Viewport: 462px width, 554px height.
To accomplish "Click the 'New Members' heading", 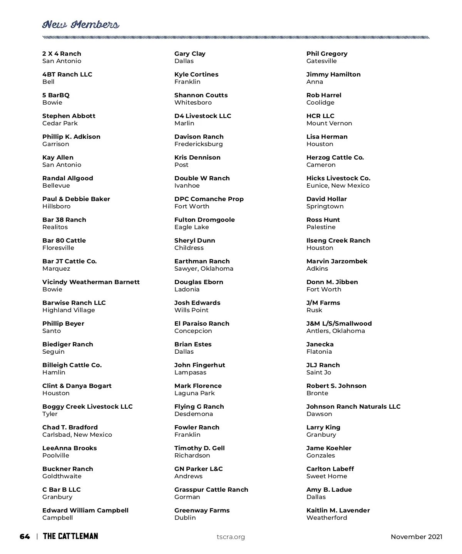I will (80, 25).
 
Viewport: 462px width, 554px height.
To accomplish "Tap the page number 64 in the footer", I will (25, 536).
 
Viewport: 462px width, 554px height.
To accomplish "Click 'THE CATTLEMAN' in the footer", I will (70, 536).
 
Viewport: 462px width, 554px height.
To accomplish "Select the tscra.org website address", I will (231, 537).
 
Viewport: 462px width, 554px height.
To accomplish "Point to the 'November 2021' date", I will (416, 537).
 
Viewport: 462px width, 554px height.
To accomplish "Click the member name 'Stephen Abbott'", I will (69, 116).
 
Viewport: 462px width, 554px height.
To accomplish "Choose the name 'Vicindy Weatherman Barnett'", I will (91, 282).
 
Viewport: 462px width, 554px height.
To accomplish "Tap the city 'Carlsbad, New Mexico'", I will (77, 434).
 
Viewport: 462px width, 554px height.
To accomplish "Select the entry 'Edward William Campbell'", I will (85, 510).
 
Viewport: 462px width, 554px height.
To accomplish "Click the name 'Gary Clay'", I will (190, 53).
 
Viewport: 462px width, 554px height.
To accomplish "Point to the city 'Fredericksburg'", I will (198, 144).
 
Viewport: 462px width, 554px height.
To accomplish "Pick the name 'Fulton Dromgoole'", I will (204, 220).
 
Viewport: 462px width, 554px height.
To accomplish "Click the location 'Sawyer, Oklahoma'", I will (204, 268).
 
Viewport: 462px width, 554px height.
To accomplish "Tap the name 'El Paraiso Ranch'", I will (202, 323).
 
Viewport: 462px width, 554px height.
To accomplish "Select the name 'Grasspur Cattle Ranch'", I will (211, 489).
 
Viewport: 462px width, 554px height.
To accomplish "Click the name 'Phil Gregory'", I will (327, 53).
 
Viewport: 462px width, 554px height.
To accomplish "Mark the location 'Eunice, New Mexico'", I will (338, 185).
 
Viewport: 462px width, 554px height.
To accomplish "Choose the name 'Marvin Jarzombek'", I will (337, 261).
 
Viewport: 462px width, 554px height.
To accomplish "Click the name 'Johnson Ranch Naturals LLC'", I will (353, 406).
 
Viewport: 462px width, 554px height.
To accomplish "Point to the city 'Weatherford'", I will (326, 517).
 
